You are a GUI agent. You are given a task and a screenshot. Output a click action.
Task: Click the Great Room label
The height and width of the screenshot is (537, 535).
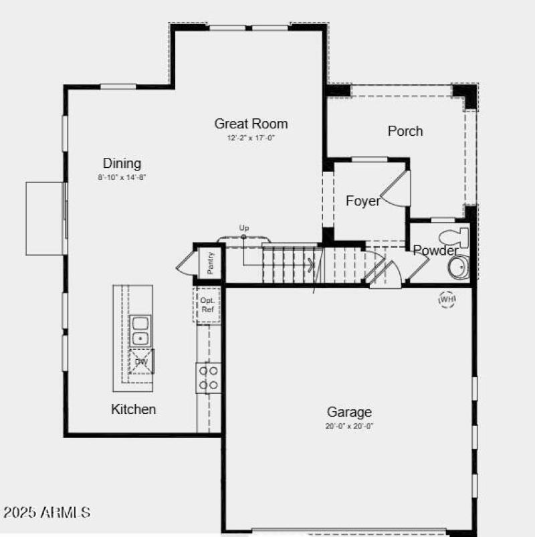click(251, 124)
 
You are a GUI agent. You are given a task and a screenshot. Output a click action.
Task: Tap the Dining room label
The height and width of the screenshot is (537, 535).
click(122, 163)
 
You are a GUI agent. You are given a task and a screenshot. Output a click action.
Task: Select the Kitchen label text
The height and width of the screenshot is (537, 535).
click(134, 409)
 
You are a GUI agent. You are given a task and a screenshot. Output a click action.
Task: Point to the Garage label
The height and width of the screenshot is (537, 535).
click(349, 412)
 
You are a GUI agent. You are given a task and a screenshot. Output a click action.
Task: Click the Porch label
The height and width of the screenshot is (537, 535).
click(405, 131)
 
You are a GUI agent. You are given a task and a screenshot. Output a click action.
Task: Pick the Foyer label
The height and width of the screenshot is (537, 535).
click(363, 201)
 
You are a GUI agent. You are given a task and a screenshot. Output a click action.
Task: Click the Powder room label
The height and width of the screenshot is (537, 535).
click(435, 251)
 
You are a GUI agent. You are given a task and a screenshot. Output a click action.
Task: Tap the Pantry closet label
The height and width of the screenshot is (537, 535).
click(210, 263)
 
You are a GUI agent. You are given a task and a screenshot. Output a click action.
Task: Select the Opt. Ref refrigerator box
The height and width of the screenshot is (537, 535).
click(207, 305)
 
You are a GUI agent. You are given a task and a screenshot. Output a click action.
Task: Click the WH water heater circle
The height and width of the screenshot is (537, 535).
click(447, 300)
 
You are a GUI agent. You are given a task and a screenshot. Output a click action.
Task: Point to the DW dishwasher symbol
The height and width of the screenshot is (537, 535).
click(141, 362)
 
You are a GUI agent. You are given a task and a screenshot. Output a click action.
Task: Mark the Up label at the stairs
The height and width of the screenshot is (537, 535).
click(244, 229)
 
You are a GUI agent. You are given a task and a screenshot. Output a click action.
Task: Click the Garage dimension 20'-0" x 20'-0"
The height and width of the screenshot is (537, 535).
click(350, 426)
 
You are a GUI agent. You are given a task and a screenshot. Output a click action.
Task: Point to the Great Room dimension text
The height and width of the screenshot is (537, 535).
click(251, 138)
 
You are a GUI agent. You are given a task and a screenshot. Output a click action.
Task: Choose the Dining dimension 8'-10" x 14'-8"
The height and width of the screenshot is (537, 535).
click(121, 177)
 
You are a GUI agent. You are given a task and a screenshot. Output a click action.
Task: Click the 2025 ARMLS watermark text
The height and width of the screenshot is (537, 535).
click(47, 513)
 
